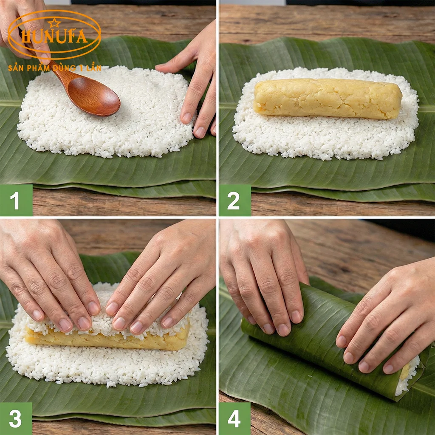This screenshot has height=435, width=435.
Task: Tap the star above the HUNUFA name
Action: (x=54, y=23)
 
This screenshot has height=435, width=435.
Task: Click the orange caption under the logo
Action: (x=54, y=68)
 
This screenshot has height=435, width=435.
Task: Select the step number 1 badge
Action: (x=16, y=200)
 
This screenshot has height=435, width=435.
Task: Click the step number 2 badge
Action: (x=234, y=200)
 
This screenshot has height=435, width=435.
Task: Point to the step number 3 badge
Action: (x=16, y=418)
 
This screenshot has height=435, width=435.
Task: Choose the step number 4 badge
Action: (x=234, y=418)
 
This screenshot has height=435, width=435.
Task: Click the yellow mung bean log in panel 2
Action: (x=328, y=98)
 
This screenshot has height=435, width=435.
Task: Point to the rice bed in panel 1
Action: (x=106, y=127)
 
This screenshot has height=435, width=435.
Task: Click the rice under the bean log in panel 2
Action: (x=323, y=136)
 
